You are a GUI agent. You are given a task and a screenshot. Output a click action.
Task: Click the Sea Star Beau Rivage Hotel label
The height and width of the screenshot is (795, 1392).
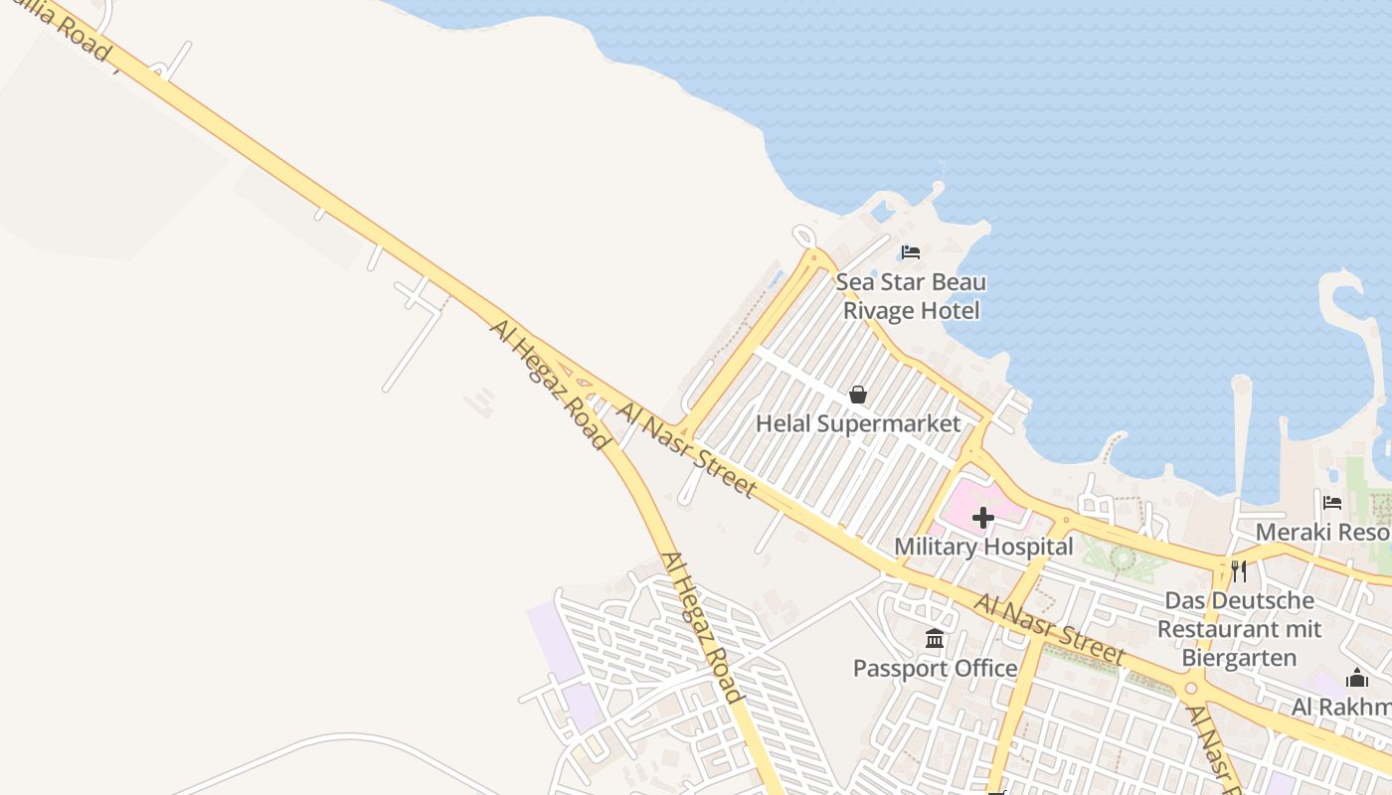click(911, 296)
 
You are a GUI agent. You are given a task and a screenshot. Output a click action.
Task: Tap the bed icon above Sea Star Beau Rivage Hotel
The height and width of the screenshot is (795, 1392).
click(910, 252)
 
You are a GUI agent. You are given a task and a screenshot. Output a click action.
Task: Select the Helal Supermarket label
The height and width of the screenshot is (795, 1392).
click(858, 424)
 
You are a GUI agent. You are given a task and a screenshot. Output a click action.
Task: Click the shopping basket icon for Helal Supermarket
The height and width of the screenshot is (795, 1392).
click(858, 395)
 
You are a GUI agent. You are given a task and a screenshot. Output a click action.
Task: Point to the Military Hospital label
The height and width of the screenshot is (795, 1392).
click(983, 547)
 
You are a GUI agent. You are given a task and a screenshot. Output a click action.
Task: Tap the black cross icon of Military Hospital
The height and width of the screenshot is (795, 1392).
click(983, 518)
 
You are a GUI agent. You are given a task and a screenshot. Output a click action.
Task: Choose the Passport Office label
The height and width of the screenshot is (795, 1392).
click(935, 668)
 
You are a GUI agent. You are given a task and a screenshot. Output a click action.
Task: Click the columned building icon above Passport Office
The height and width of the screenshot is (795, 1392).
click(935, 639)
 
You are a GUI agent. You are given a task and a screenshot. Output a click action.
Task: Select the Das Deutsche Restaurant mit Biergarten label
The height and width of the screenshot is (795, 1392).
click(1239, 629)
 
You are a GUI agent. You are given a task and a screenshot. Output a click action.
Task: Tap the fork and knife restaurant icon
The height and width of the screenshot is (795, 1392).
click(1239, 570)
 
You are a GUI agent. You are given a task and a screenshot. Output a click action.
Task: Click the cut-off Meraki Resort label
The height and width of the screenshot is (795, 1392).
click(1322, 532)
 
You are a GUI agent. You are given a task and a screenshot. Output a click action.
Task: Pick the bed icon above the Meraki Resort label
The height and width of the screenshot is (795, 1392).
click(1332, 503)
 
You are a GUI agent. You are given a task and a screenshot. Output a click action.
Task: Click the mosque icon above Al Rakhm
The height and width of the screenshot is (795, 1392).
click(1357, 679)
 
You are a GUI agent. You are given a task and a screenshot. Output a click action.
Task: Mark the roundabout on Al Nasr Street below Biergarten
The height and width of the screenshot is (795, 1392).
click(1192, 688)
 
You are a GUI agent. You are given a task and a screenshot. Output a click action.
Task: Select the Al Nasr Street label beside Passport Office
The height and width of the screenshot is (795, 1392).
click(1049, 629)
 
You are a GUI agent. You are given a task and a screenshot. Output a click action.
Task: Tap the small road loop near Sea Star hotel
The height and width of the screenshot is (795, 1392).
click(803, 236)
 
